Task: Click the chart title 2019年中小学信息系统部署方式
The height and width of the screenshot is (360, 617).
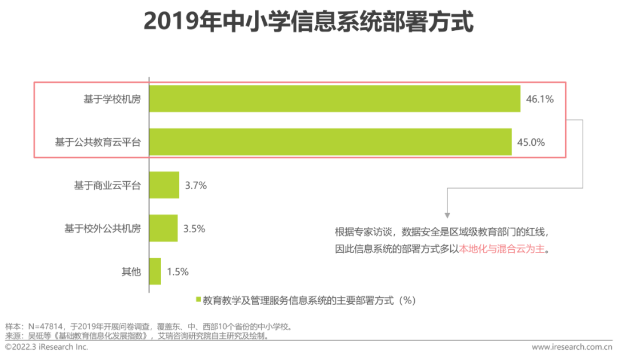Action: click(308, 22)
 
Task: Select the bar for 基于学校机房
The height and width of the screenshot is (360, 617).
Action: click(334, 99)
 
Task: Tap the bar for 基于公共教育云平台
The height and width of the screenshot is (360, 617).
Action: click(330, 142)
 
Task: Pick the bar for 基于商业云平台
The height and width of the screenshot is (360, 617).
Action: click(164, 185)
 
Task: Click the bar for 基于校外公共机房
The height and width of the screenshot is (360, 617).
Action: click(163, 228)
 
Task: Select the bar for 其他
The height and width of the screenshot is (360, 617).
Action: click(155, 271)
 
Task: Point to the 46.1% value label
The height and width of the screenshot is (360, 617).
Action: click(540, 99)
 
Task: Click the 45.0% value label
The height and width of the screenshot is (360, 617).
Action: click(531, 142)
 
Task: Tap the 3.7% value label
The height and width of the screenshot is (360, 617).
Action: click(195, 186)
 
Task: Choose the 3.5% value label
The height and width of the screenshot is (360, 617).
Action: click(194, 229)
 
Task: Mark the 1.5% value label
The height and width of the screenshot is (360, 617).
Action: click(178, 271)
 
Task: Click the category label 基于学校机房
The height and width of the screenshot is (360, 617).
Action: click(113, 99)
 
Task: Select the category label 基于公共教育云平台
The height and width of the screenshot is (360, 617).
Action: click(98, 142)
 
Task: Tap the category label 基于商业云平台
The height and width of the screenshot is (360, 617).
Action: click(107, 186)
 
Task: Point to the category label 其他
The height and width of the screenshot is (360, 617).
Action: click(131, 271)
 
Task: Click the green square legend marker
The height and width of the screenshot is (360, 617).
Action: click(198, 299)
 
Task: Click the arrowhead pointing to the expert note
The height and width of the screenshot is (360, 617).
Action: click(447, 212)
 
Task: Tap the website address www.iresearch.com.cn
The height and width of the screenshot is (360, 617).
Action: click(571, 347)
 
